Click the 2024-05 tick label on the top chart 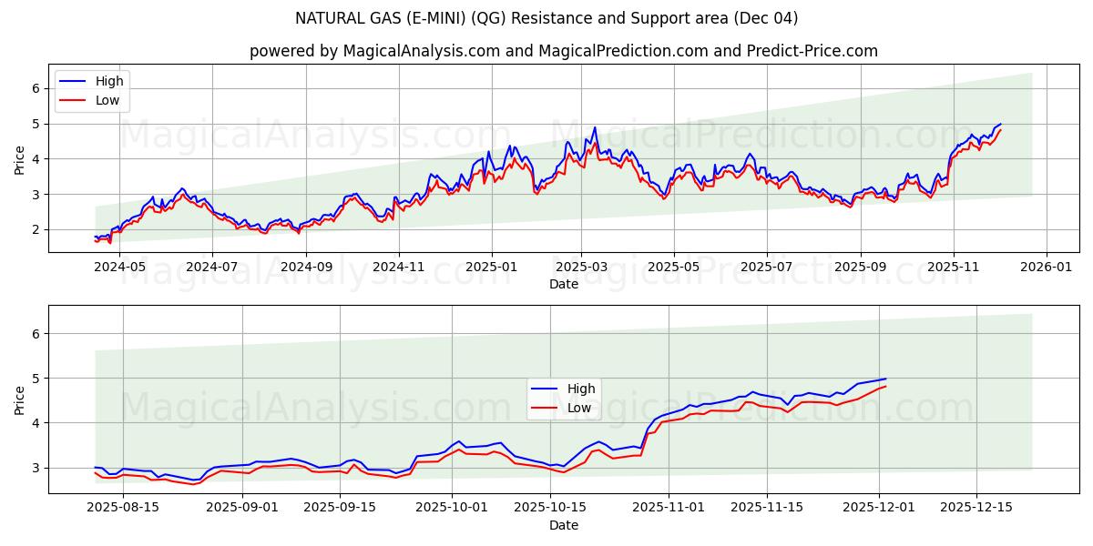(119, 268)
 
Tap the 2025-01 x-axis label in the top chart (491, 268)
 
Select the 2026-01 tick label (1046, 268)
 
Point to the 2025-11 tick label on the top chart (953, 268)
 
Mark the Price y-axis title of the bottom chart (20, 399)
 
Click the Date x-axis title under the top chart (564, 285)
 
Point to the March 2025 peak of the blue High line (595, 127)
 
